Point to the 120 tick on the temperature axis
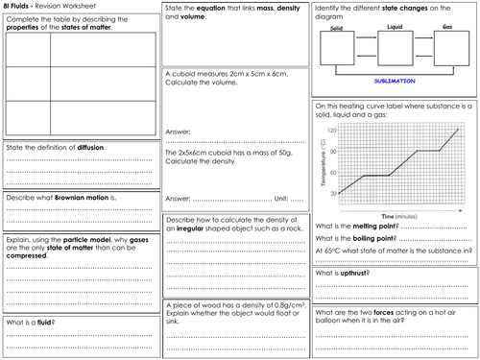coord(332,130)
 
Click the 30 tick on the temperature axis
coord(332,193)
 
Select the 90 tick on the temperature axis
coord(332,151)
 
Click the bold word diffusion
coord(91,147)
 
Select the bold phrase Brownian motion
coord(68,199)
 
